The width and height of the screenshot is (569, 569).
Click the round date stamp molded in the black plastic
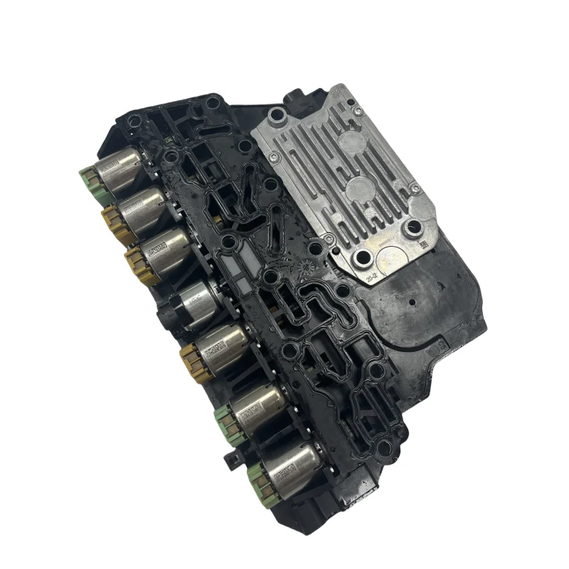[303, 270]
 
